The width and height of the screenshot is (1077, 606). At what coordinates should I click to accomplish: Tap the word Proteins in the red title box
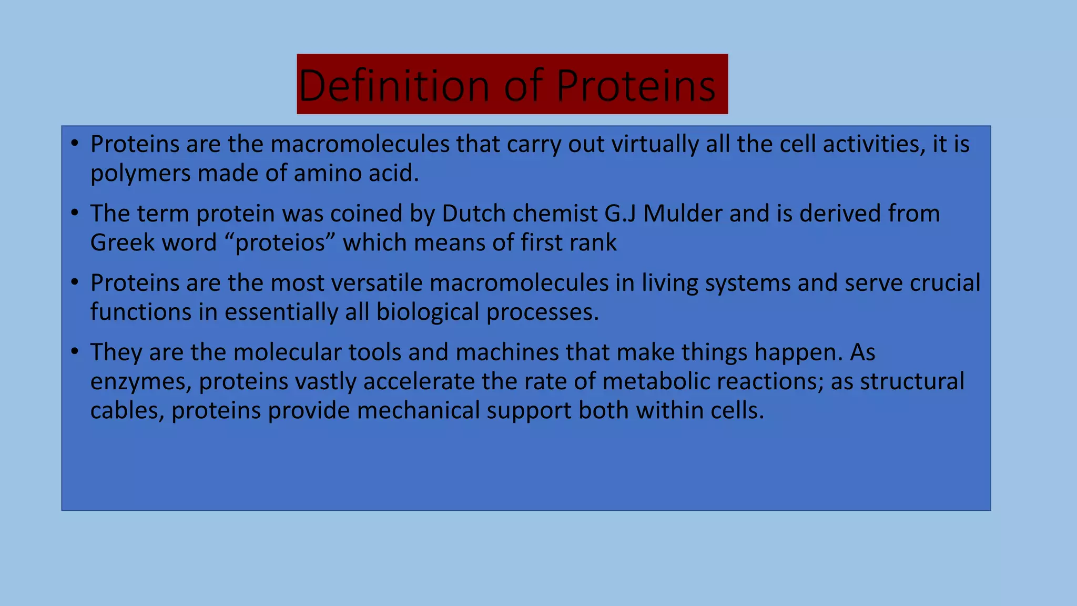[635, 85]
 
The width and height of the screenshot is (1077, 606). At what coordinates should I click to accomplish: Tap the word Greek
[123, 243]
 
